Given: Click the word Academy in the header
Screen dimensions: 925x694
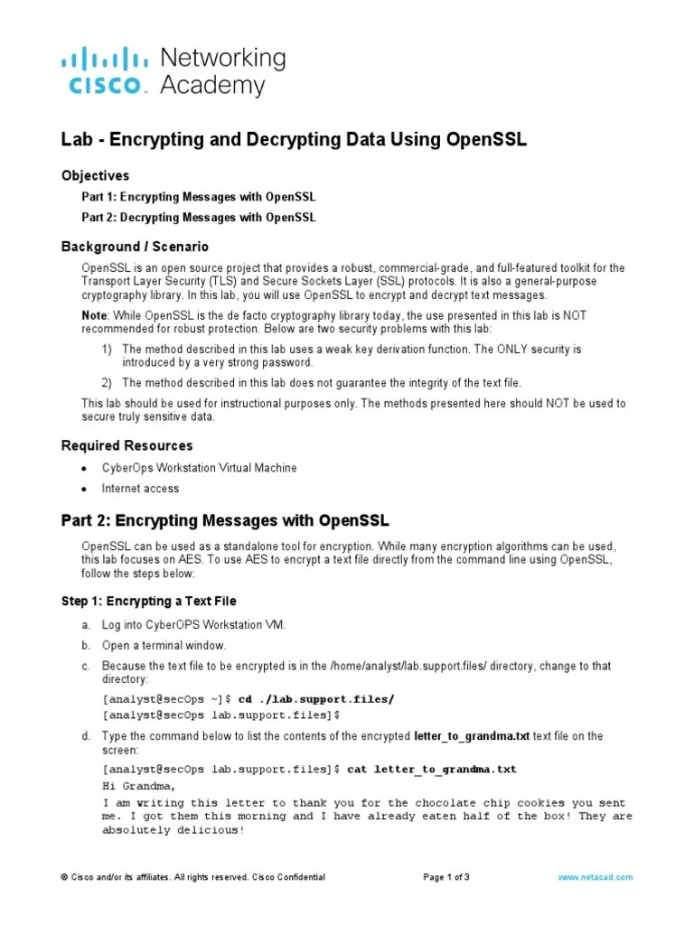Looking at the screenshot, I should click(x=212, y=86).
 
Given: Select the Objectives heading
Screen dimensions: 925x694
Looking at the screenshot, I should click(x=95, y=175).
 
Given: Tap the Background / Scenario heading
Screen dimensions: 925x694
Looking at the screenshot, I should click(x=135, y=247).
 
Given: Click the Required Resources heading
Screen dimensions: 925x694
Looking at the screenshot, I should click(x=127, y=445).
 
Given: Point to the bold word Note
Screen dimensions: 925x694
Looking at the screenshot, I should click(x=95, y=314).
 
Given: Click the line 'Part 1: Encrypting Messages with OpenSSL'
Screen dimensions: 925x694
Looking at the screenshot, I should click(x=199, y=197).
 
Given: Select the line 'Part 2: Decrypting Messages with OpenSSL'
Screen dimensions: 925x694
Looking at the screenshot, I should click(x=199, y=217).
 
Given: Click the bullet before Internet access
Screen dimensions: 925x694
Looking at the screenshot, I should click(x=84, y=489).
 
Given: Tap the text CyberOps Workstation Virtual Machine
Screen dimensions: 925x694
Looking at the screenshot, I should click(x=199, y=468).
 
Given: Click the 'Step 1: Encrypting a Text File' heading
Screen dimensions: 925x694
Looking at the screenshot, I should click(x=149, y=601).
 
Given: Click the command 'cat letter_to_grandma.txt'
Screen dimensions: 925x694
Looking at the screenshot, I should click(x=432, y=769).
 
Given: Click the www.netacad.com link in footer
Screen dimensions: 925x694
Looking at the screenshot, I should click(x=596, y=877).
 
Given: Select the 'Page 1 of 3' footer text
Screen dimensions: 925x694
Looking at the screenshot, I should click(x=446, y=877).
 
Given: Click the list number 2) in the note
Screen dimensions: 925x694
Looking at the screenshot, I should click(x=106, y=382).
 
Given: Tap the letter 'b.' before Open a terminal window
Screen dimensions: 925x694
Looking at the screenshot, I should click(x=86, y=645).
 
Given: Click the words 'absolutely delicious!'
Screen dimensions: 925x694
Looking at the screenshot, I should click(x=173, y=830).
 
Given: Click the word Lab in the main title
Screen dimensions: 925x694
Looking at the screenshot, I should click(x=76, y=140).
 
